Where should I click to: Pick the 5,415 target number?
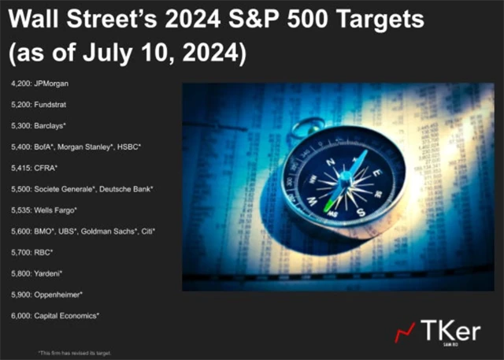pyautogui.click(x=20, y=167)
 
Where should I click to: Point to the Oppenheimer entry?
pyautogui.click(x=57, y=295)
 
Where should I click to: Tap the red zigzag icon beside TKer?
pyautogui.click(x=406, y=332)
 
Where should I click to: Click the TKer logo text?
pyautogui.click(x=450, y=330)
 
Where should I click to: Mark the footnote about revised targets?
pyautogui.click(x=75, y=352)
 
